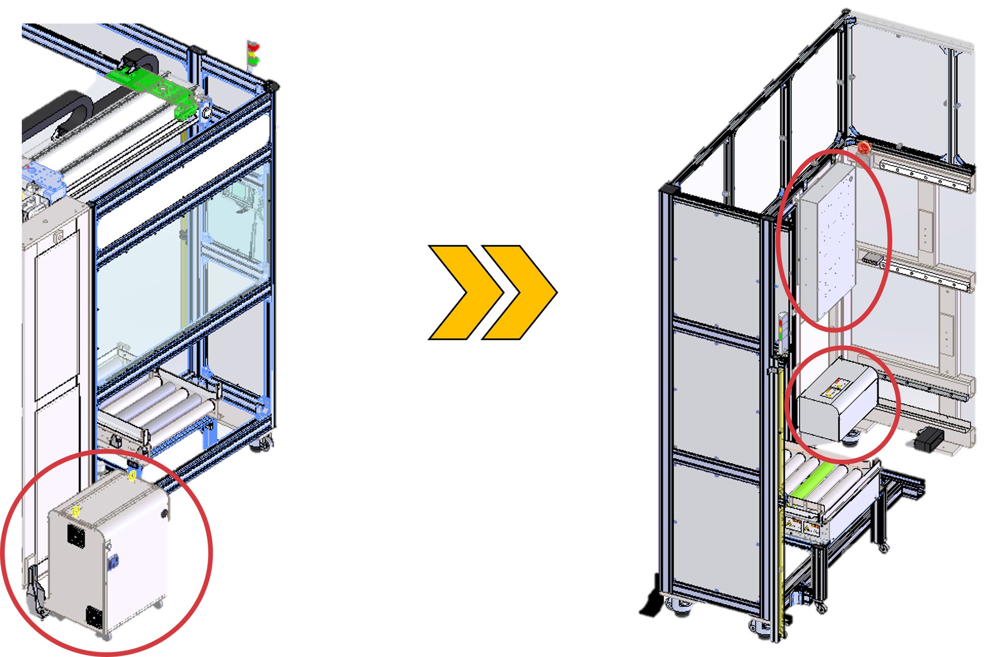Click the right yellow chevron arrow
pyautogui.click(x=523, y=292)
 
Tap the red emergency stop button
pyautogui.click(x=864, y=149)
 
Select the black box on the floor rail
pyautogui.click(x=929, y=438)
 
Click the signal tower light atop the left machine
pyautogui.click(x=253, y=53)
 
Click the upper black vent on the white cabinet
pyautogui.click(x=76, y=536)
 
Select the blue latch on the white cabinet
pyautogui.click(x=113, y=561)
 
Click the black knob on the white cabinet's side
pyautogui.click(x=164, y=514)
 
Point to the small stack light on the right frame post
pyautogui.click(x=782, y=330)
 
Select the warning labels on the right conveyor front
pyautogui.click(x=802, y=525)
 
